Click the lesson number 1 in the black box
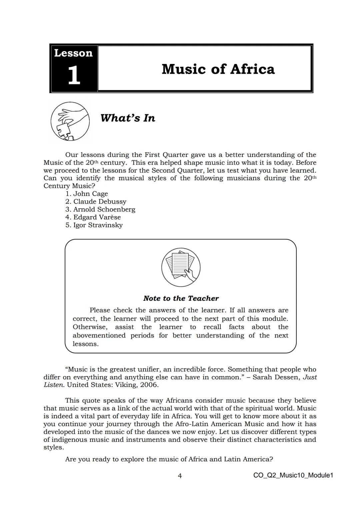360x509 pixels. coord(74,75)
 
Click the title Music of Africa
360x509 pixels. coord(218,69)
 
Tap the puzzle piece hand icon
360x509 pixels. coord(70,121)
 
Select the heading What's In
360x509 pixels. coord(128,118)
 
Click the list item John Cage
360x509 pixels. coord(90,194)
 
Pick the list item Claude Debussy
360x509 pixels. coord(100,202)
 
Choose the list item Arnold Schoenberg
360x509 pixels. coord(104,209)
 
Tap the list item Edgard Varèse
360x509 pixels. coord(97,217)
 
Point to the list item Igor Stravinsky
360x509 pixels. coord(98,225)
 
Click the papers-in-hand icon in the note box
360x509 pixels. coord(181,267)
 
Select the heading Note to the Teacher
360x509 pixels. coord(181,298)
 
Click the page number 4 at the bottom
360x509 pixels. coord(180,476)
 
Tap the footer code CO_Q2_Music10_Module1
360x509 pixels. coord(293,475)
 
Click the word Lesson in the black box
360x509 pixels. coord(73,53)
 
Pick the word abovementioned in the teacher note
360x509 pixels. coord(99,335)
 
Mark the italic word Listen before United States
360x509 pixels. coord(54,385)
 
